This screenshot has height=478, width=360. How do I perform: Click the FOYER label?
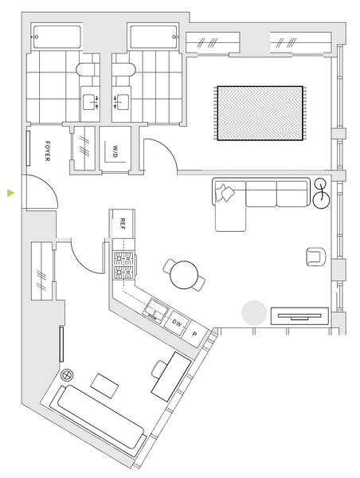click(47, 151)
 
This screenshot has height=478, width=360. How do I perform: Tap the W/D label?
click(115, 151)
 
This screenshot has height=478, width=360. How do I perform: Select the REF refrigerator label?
click(123, 224)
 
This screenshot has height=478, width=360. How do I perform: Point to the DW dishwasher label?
click(177, 323)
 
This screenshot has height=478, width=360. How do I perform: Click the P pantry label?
click(194, 334)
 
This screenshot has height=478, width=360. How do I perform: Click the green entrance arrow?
click(10, 193)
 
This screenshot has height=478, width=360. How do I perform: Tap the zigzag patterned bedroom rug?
click(260, 113)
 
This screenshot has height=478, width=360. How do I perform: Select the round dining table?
click(184, 275)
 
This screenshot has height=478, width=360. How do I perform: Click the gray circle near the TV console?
click(254, 313)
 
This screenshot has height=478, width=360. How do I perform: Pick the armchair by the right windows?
click(316, 257)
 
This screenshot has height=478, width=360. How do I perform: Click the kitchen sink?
click(156, 310)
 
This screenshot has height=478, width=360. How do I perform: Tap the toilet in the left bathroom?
click(86, 69)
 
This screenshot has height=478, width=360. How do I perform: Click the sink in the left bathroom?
click(90, 102)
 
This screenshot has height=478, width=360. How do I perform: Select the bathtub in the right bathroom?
click(154, 37)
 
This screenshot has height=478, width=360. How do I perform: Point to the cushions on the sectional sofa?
click(225, 192)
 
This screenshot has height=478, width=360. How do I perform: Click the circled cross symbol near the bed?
click(67, 375)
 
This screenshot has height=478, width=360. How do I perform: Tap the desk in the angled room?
click(171, 377)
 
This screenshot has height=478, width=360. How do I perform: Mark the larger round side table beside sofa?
click(321, 200)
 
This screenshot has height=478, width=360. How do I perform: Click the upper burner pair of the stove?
click(123, 259)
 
